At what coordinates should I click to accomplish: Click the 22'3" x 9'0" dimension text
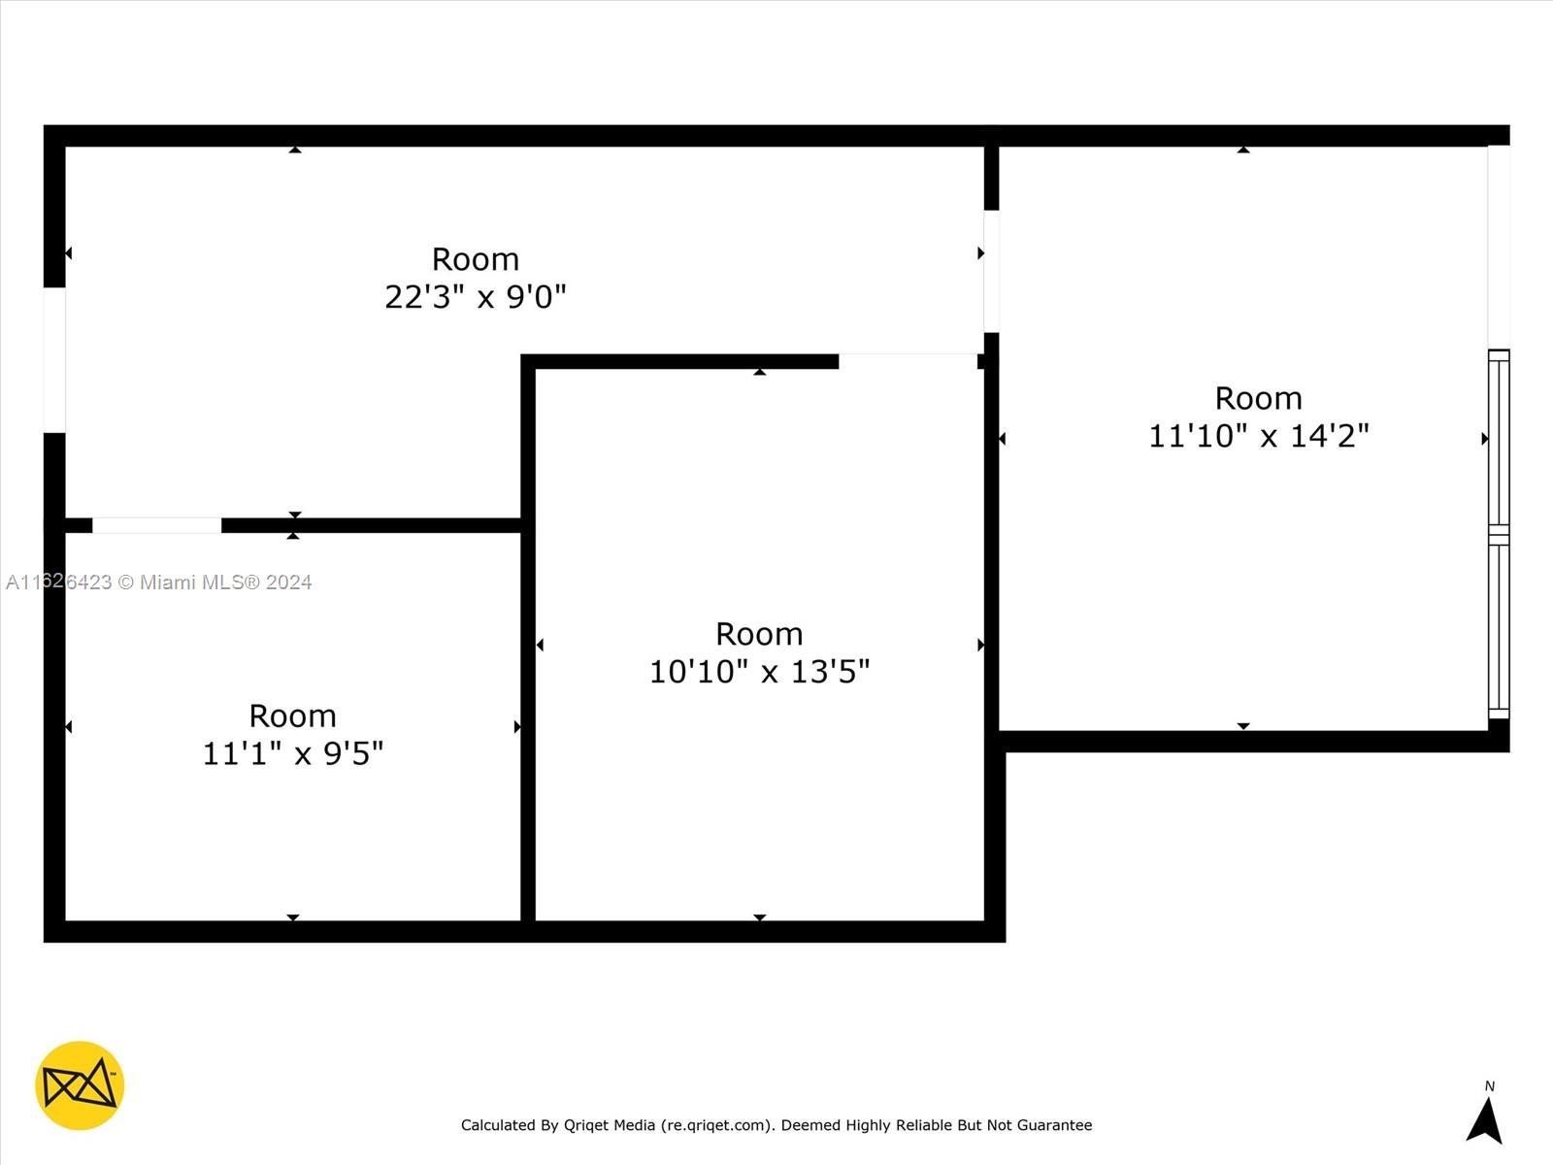(476, 297)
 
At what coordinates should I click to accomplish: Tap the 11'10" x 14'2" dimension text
(1259, 436)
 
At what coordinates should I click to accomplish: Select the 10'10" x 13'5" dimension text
(759, 671)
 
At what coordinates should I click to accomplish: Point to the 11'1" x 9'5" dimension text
(293, 753)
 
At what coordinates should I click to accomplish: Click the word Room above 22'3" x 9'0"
(476, 259)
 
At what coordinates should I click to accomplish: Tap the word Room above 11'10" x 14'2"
(1259, 399)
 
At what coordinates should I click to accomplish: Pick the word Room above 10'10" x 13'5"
(759, 635)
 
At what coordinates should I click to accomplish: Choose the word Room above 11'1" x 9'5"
(293, 716)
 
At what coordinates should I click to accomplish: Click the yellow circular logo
(80, 1085)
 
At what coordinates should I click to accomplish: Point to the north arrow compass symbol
(1484, 1121)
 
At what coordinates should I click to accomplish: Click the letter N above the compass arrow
(1489, 1085)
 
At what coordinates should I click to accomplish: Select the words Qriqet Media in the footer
(610, 1125)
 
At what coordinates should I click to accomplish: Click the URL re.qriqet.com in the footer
(716, 1125)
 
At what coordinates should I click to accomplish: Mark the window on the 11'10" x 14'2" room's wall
(1499, 534)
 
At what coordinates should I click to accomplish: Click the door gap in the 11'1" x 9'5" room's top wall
(157, 525)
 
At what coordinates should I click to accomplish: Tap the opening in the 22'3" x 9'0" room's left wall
(54, 360)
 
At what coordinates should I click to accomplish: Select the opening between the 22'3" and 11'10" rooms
(991, 272)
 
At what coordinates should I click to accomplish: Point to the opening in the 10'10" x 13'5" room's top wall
(909, 361)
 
